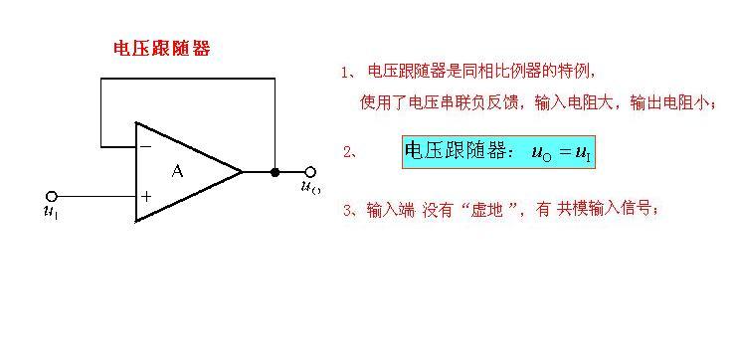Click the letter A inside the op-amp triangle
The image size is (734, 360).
pos(178,171)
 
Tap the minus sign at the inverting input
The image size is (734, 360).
pos(145,146)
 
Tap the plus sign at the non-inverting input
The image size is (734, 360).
pos(146,196)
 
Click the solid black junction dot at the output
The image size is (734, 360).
pos(275,171)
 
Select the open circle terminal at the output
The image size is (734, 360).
pos(310,171)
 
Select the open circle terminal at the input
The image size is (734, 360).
pos(52,196)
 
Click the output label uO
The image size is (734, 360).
pos(310,187)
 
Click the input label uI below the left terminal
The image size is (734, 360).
pos(51,211)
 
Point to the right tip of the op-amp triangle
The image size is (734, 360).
pos(242,171)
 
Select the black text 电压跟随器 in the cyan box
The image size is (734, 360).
pos(454,151)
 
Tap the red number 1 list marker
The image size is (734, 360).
pos(344,73)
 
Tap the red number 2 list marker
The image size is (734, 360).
pos(348,152)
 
